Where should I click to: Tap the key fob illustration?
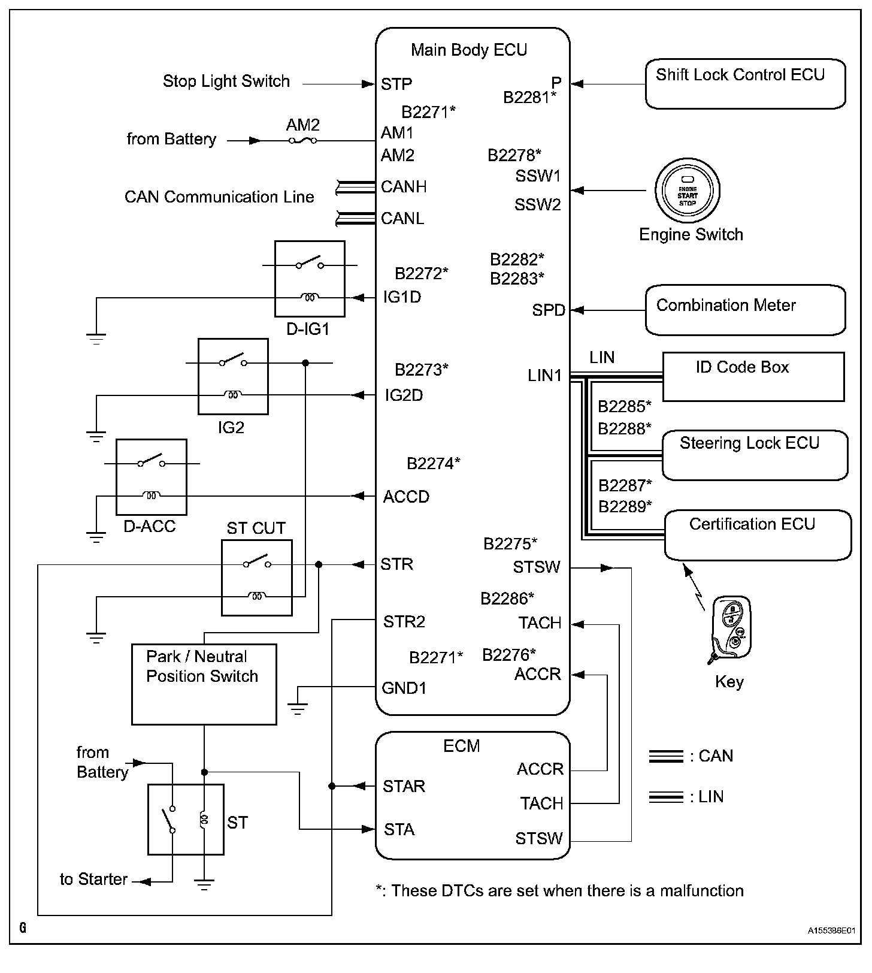tap(729, 629)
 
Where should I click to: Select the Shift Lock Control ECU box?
tap(745, 84)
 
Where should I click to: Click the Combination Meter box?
tap(745, 310)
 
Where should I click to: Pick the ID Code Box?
tap(753, 377)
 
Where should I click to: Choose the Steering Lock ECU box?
tap(755, 455)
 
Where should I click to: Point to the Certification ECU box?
tap(758, 535)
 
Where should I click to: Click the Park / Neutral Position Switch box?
tap(204, 684)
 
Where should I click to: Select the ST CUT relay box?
tap(257, 578)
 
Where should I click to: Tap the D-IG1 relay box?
tap(310, 279)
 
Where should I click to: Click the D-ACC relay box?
tap(152, 477)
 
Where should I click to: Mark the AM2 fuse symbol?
tap(302, 141)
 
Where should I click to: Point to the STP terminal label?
tap(396, 84)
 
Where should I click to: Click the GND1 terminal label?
tap(404, 688)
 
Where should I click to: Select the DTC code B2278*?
tap(514, 155)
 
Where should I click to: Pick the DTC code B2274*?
tap(434, 463)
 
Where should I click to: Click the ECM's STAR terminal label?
tap(404, 786)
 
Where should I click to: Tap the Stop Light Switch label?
tap(226, 81)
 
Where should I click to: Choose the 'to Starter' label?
tap(94, 880)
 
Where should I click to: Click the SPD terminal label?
tap(549, 310)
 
